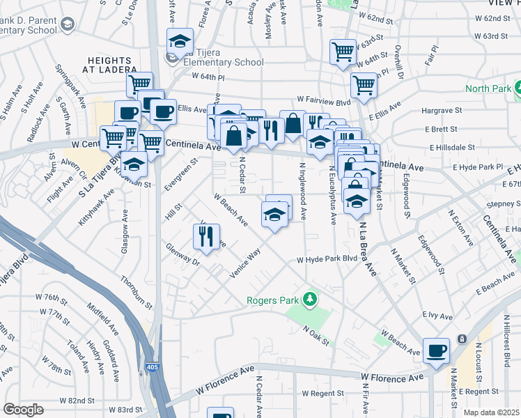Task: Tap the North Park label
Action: click(x=488, y=88)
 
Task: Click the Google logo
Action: click(x=24, y=410)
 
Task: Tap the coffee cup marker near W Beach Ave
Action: click(x=437, y=350)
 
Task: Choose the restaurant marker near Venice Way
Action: click(x=206, y=236)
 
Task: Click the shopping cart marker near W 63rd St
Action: click(x=343, y=51)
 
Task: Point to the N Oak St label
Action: click(x=315, y=334)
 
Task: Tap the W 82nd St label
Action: click(x=77, y=401)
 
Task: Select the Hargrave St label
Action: click(x=443, y=110)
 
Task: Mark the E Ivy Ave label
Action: click(x=438, y=315)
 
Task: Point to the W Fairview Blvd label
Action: click(x=323, y=100)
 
